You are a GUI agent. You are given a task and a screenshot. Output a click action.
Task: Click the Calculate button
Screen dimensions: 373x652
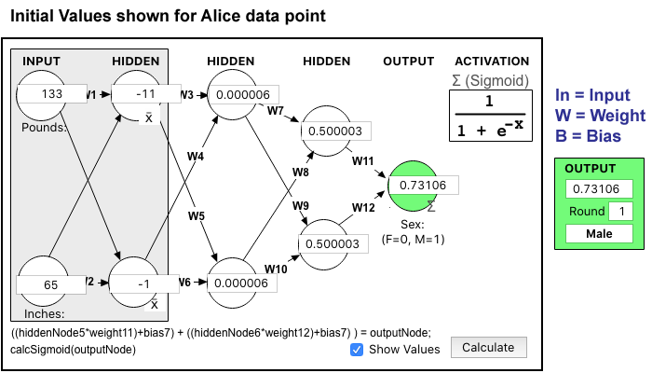pos(488,348)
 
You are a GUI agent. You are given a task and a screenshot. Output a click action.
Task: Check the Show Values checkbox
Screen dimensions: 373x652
pos(357,349)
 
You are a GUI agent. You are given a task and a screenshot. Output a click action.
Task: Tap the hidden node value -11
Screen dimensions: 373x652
pos(144,94)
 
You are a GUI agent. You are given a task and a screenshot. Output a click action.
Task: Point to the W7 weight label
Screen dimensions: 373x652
pos(276,112)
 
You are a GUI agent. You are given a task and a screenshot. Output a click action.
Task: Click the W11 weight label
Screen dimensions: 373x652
pos(362,161)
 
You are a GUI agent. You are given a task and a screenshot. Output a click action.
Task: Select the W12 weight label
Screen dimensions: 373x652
pos(362,206)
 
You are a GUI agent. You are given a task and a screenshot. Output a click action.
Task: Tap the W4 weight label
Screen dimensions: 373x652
pos(195,157)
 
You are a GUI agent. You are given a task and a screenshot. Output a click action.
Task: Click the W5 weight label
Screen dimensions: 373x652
pos(195,216)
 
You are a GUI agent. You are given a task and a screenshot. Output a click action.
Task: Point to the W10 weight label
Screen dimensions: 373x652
pos(276,269)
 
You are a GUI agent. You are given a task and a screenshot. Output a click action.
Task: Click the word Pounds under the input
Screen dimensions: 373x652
pos(43,127)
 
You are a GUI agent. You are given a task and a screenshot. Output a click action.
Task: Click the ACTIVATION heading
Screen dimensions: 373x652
pos(491,62)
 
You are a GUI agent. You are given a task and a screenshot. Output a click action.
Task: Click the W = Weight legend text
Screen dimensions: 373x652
pos(600,116)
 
